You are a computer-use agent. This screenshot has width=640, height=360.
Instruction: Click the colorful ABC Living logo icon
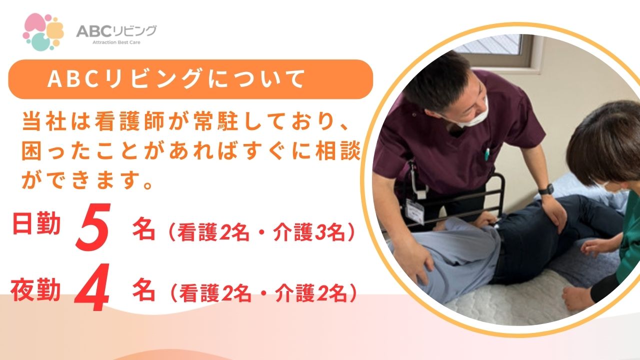43,31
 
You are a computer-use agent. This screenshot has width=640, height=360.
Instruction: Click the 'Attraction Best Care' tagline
116,42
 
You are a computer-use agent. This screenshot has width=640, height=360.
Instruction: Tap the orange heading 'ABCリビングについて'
176,79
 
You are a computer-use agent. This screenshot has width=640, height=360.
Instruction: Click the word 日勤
35,224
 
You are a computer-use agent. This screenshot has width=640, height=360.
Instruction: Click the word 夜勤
35,290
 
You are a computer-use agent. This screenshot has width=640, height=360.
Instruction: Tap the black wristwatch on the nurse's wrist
546,189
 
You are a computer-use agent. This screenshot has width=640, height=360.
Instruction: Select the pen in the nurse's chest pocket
485,154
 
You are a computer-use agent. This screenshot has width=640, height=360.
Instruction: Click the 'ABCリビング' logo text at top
116,31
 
